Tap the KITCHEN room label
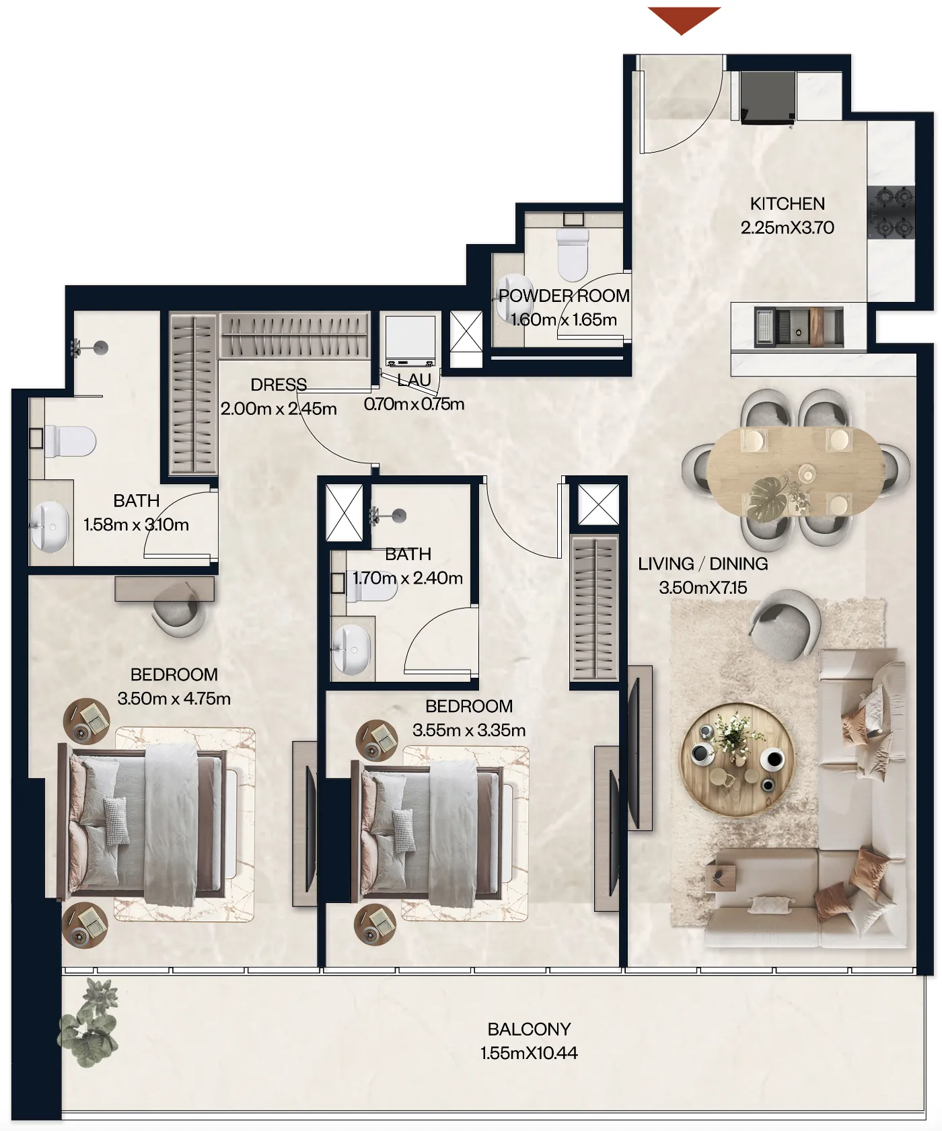pos(787,204)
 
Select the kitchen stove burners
pos(891,212)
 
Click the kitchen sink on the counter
pos(798,327)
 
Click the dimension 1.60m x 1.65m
pos(564,320)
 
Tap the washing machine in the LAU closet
pos(410,340)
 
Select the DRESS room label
pos(279,385)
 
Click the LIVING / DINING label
pos(702,563)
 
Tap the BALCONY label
pos(529,1029)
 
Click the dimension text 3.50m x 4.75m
pos(174,699)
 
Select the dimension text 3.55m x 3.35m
pos(469,730)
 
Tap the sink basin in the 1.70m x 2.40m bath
pos(351,649)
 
